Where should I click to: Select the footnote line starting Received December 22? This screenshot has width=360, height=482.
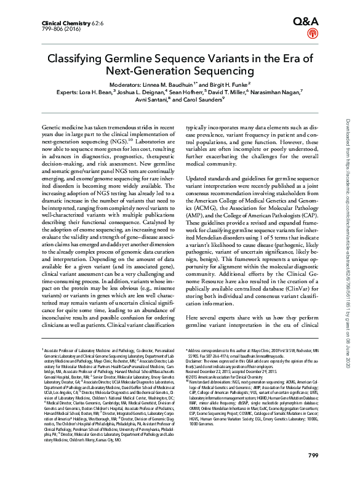pos(234,371)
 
